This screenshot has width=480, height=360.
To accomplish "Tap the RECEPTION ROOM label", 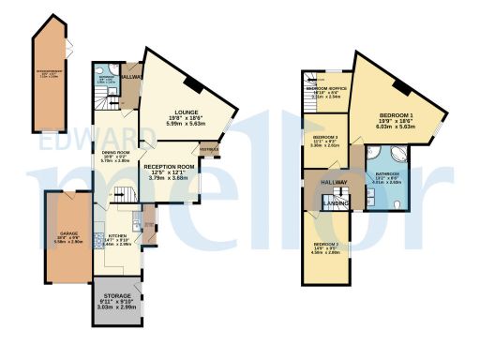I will tap(168, 167).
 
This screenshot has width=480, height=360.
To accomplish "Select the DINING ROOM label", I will tap(114, 152).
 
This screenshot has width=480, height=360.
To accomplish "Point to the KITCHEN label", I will tap(117, 236).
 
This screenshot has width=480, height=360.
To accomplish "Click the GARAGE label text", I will tap(67, 232).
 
